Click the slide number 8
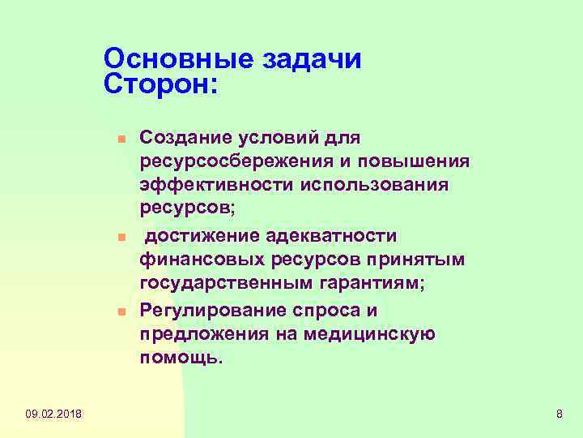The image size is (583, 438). (559, 415)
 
